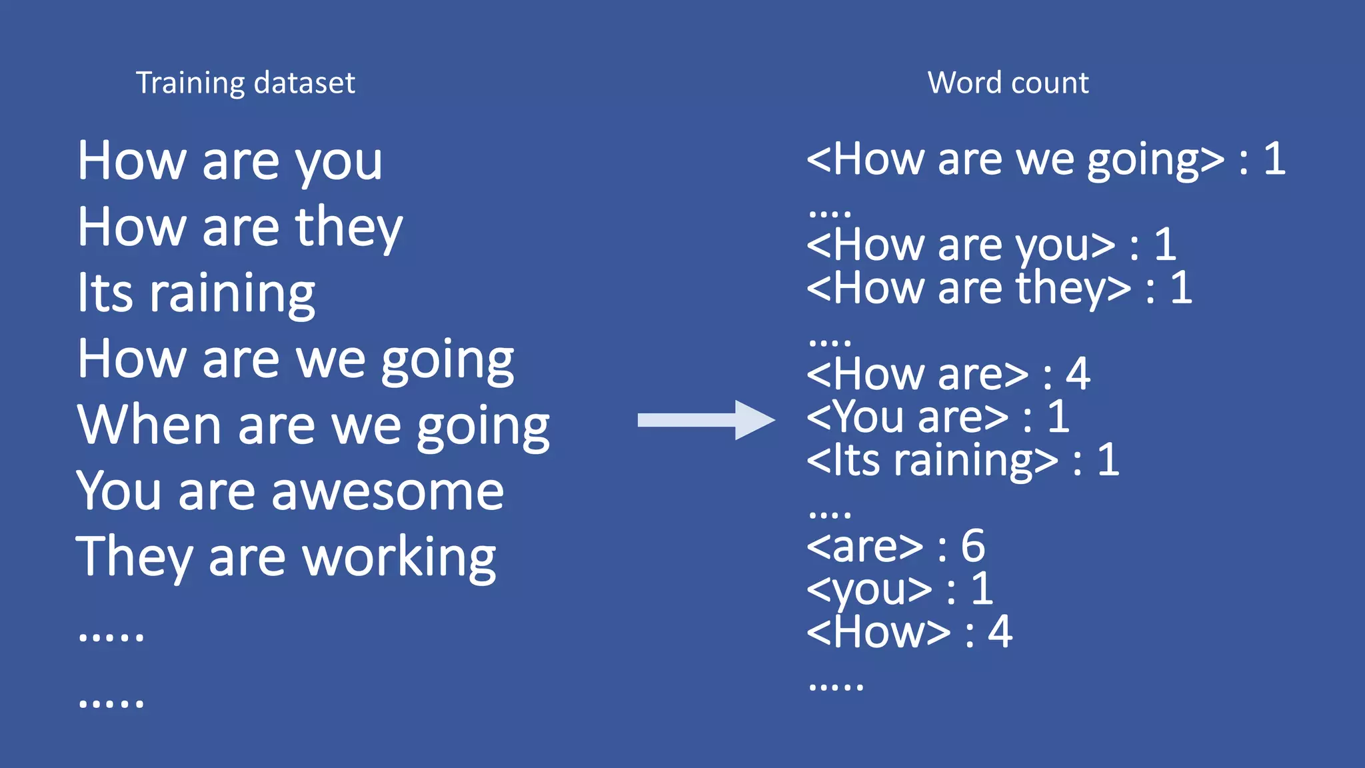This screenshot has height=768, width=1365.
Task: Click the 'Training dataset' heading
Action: click(x=245, y=83)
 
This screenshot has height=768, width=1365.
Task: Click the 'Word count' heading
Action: click(x=1008, y=83)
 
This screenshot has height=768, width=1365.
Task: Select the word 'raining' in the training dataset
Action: click(x=232, y=293)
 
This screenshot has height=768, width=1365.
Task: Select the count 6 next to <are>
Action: click(x=972, y=545)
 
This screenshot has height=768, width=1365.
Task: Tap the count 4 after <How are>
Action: click(x=1078, y=374)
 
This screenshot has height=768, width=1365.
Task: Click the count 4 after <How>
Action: click(x=1000, y=632)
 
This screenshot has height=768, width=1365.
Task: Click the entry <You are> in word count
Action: click(x=908, y=417)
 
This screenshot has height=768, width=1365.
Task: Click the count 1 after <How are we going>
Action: click(x=1274, y=159)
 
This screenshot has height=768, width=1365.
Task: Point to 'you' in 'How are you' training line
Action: click(x=339, y=163)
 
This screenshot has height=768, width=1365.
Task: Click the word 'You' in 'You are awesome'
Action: click(x=119, y=492)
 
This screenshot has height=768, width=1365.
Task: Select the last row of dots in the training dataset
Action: click(x=111, y=703)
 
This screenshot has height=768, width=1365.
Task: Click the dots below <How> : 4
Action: click(x=836, y=686)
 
